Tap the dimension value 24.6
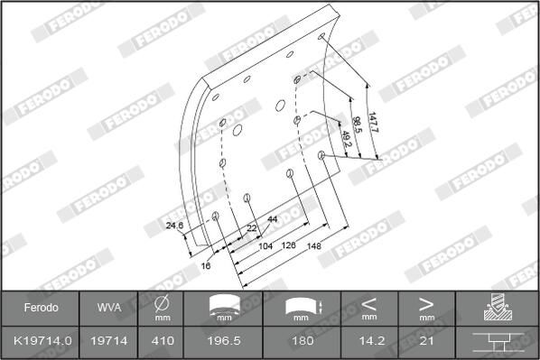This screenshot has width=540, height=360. [x=174, y=226]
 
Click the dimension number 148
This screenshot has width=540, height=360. [x=313, y=245]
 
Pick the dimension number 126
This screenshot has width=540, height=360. [x=290, y=245]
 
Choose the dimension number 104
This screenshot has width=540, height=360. [x=265, y=245]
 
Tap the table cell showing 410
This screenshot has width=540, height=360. [x=163, y=342]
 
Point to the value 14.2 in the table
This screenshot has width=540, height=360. [x=369, y=342]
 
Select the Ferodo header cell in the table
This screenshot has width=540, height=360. [x=41, y=308]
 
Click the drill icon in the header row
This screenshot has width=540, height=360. [x=498, y=308]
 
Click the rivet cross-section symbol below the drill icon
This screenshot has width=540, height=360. [x=498, y=342]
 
